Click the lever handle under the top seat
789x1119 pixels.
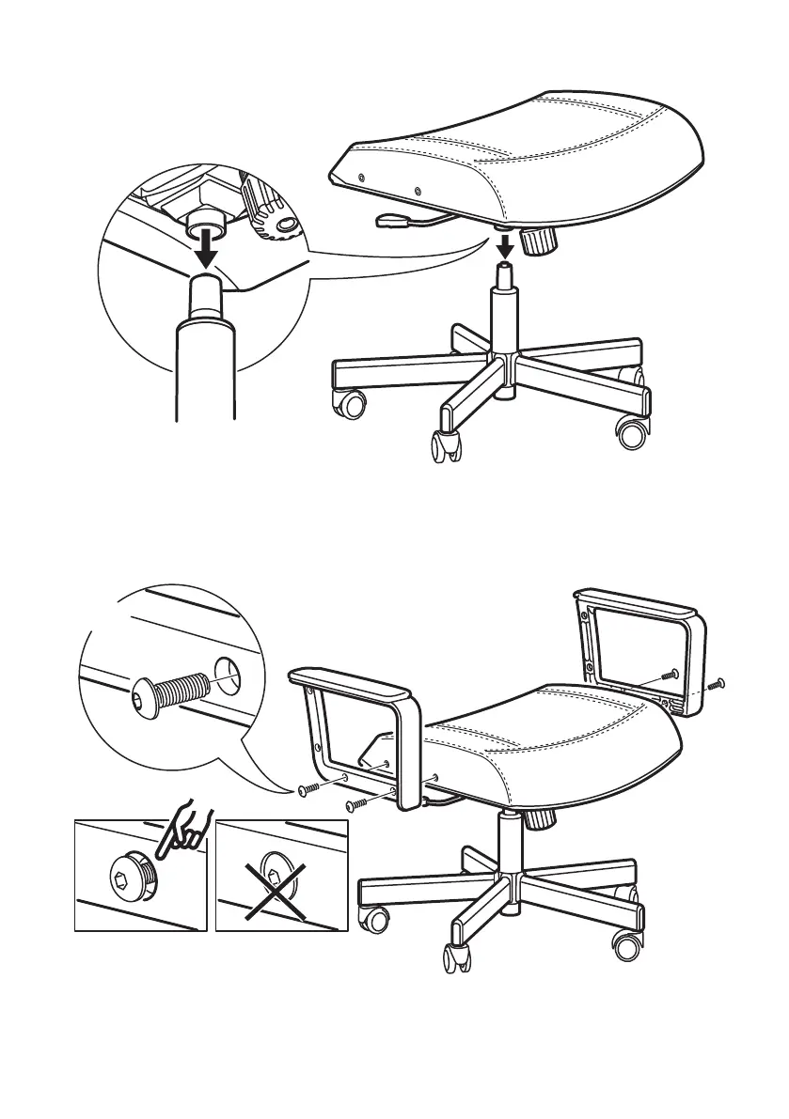(x=388, y=222)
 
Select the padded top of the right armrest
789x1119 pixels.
(x=639, y=602)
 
